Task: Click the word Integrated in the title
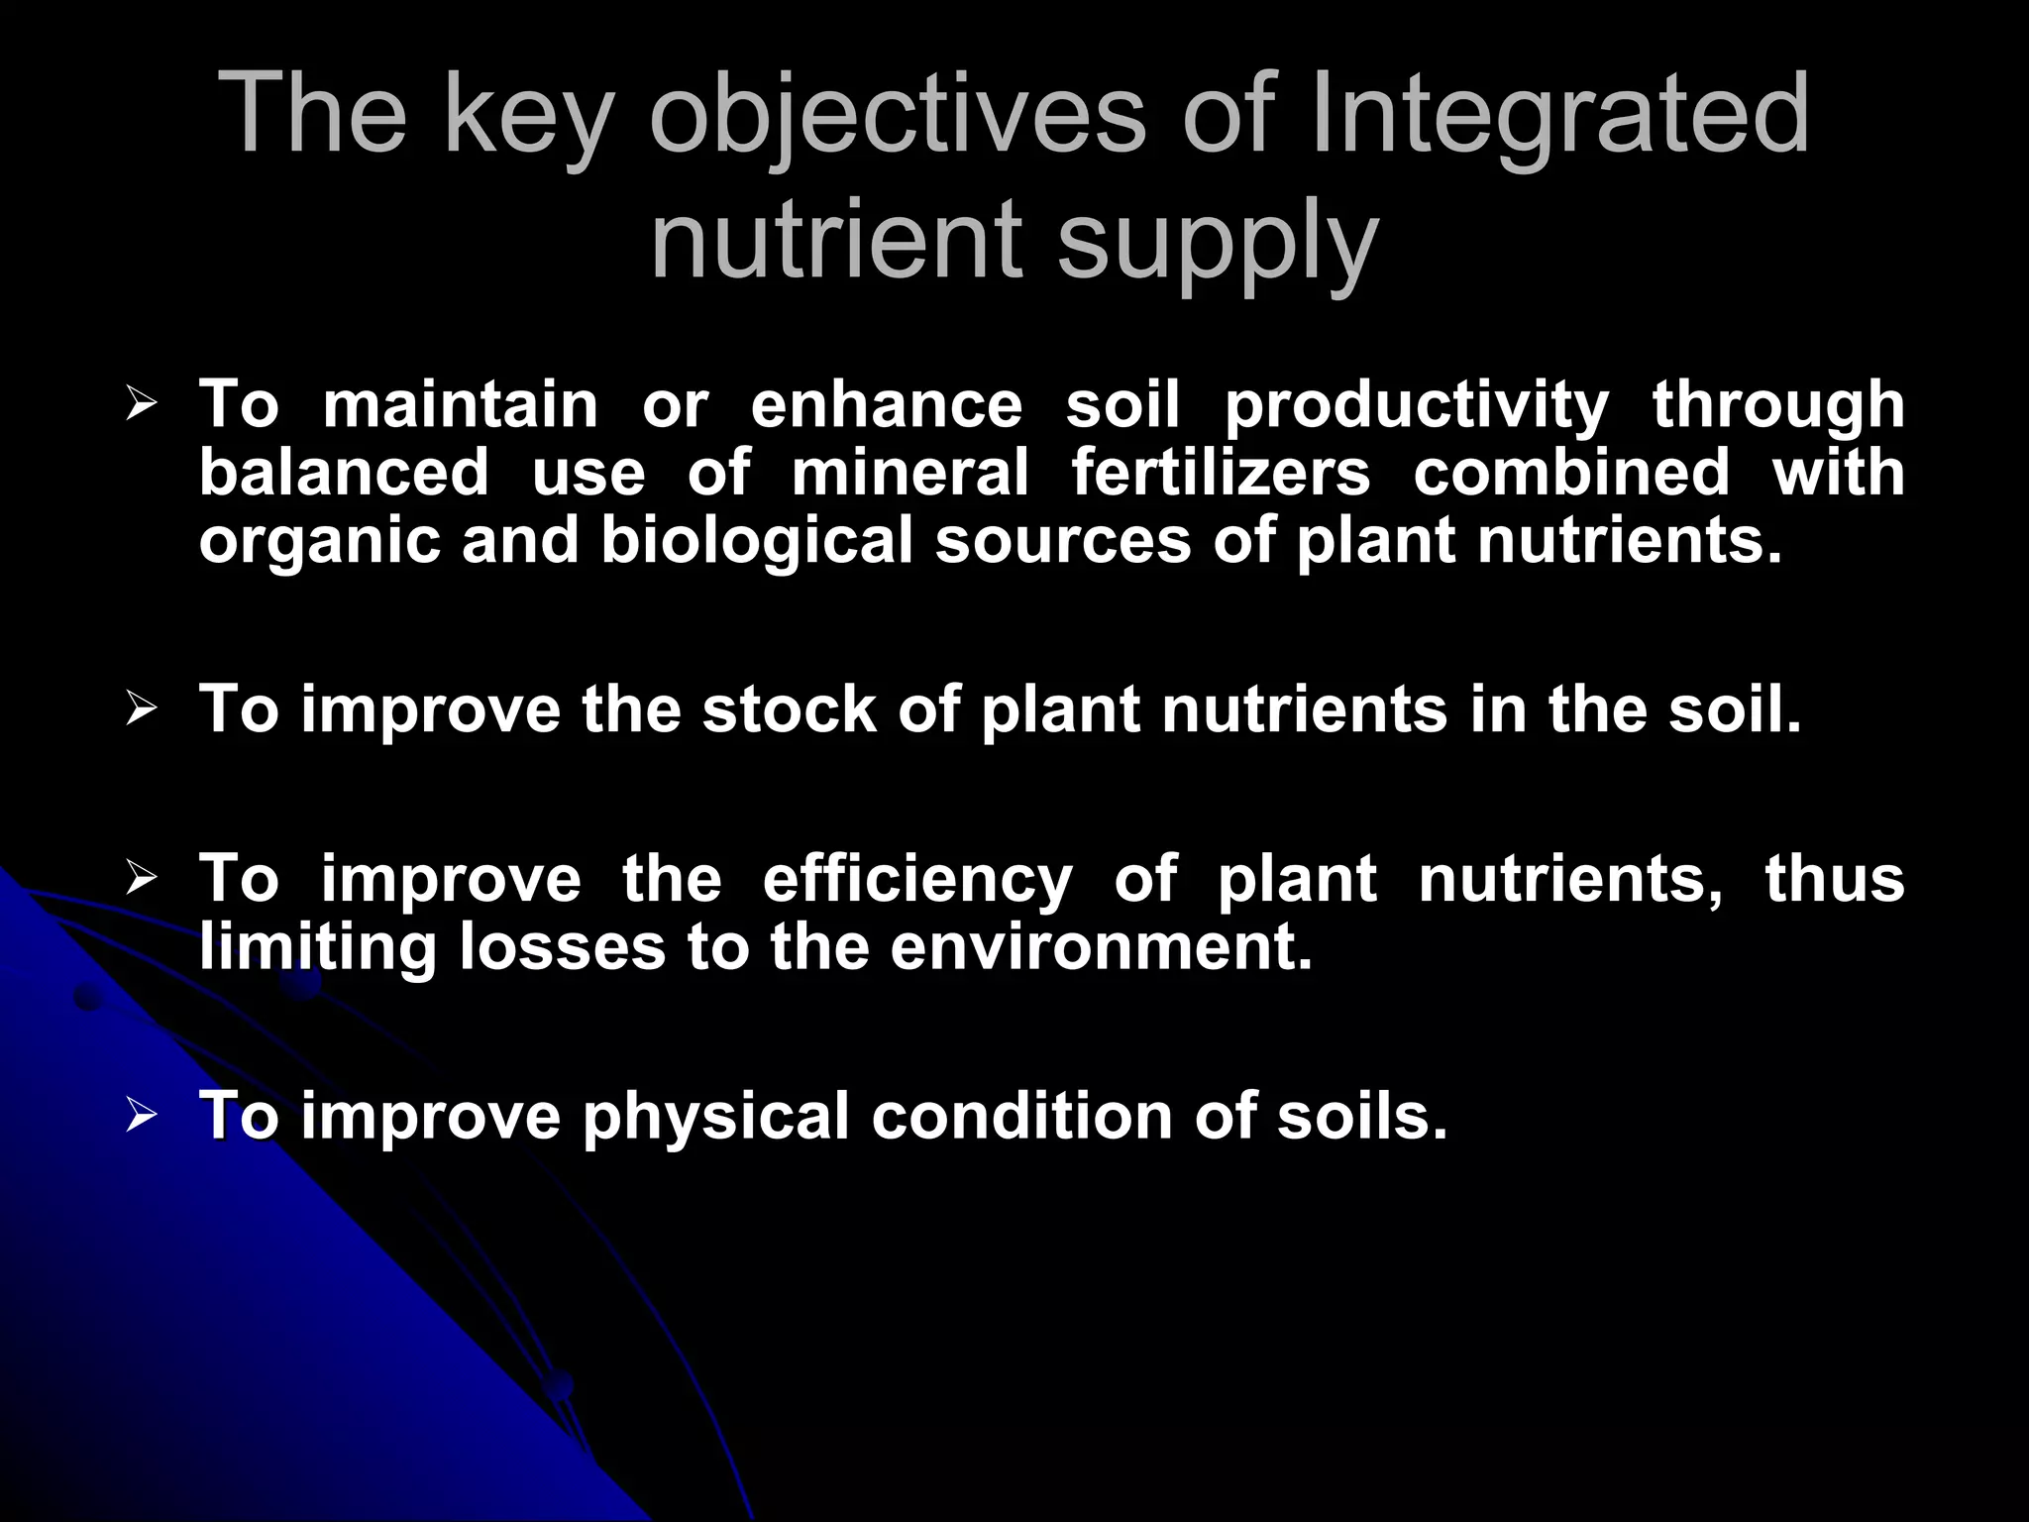click(x=1559, y=117)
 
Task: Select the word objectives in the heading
click(x=897, y=117)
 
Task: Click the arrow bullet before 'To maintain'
click(x=142, y=404)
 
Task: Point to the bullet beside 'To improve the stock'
click(x=142, y=708)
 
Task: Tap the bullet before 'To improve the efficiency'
click(x=142, y=878)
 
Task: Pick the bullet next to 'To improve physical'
click(x=142, y=1116)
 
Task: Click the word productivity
click(x=1417, y=406)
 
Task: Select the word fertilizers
click(x=1221, y=472)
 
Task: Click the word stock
click(x=789, y=709)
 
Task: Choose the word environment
click(x=1101, y=947)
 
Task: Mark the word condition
click(x=1021, y=1116)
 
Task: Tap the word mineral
click(x=909, y=472)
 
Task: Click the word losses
click(x=562, y=947)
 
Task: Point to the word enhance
click(x=886, y=404)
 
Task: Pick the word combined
click(x=1571, y=472)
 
